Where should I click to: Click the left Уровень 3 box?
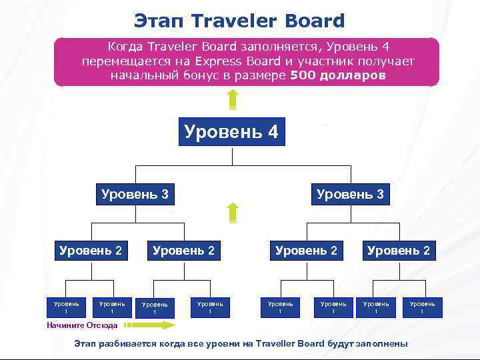point(135,195)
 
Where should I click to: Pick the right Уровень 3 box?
point(350,195)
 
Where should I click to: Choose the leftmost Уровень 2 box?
point(91,251)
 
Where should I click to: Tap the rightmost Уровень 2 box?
point(399,251)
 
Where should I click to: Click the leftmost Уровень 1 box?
point(66,307)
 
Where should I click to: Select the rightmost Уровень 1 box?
point(422,307)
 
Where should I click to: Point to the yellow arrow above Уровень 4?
point(232,99)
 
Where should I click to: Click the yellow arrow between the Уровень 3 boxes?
point(232,213)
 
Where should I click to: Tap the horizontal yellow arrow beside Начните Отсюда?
point(149,325)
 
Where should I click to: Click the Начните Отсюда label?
point(82,325)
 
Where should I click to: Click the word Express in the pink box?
point(212,61)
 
